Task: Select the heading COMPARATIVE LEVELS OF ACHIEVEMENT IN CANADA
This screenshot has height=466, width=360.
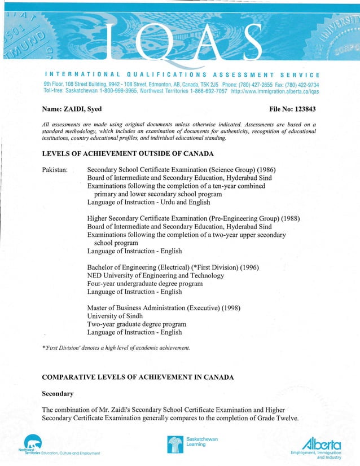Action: pyautogui.click(x=138, y=376)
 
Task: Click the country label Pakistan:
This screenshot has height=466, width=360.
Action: pyautogui.click(x=55, y=170)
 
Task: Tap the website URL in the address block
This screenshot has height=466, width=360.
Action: pyautogui.click(x=275, y=91)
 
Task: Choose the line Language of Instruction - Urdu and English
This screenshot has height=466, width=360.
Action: pyautogui.click(x=148, y=202)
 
